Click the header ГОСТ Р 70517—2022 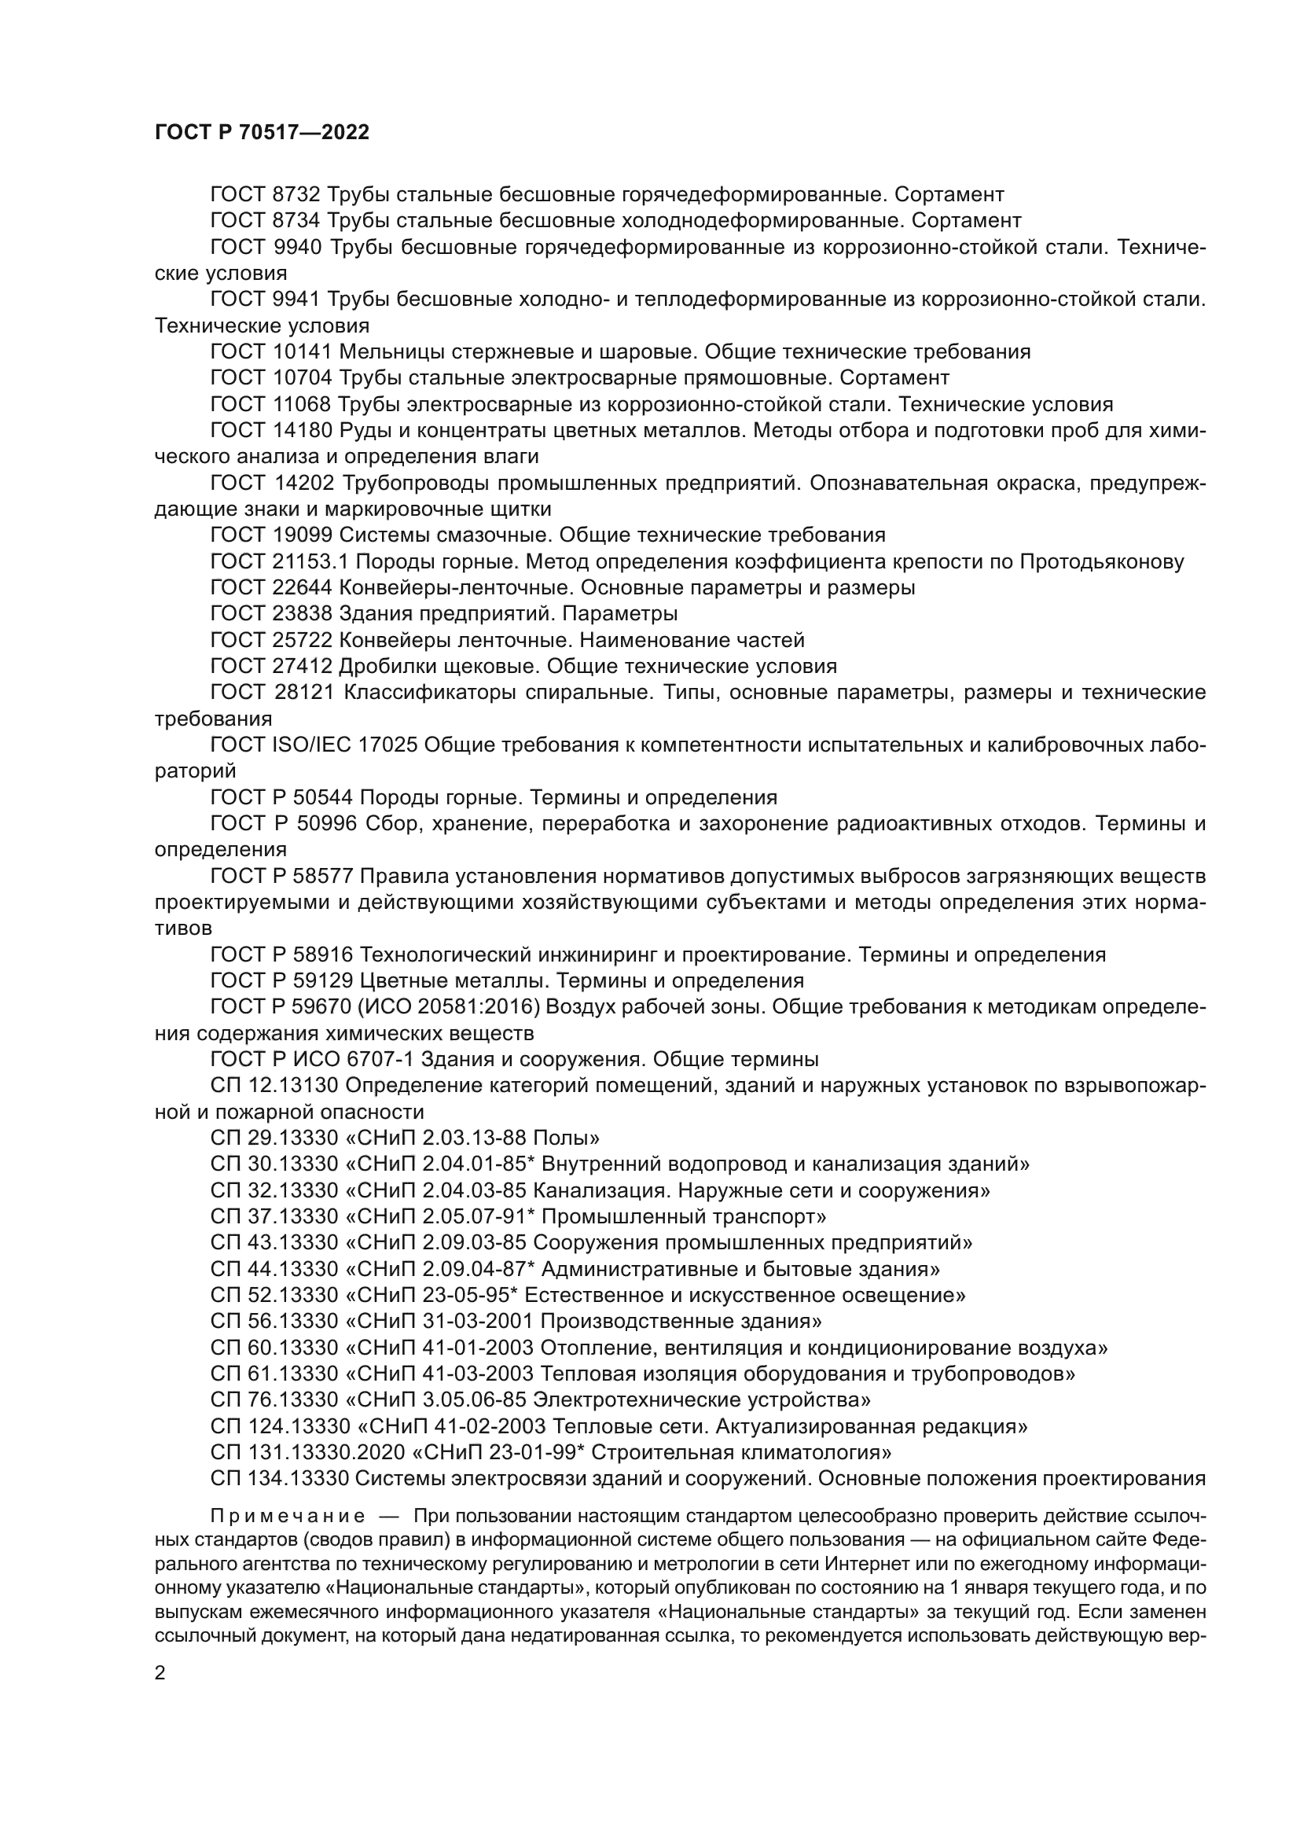(x=262, y=133)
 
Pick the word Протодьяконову (x=1101, y=562)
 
